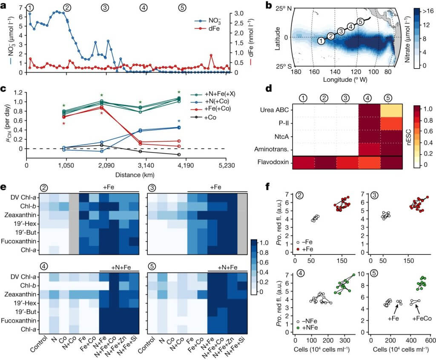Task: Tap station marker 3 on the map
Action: (x=340, y=31)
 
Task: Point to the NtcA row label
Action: (x=280, y=138)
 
